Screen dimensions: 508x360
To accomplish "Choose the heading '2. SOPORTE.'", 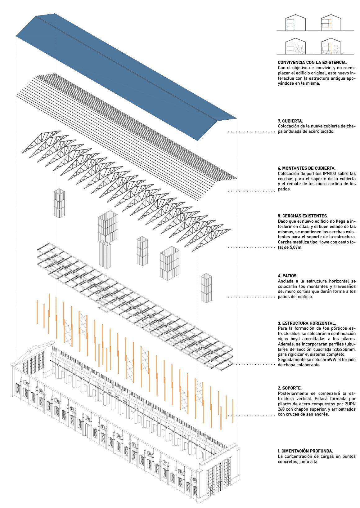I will click(x=290, y=388).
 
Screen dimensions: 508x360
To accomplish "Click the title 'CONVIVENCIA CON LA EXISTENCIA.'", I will click(x=312, y=63).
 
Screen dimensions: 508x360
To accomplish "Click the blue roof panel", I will click(x=124, y=78).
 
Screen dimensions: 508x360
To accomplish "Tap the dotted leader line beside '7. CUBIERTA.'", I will click(x=251, y=132).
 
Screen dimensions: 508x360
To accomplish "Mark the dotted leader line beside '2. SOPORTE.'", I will click(x=251, y=416).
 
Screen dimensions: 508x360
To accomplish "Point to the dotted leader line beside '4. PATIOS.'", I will click(x=251, y=297).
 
